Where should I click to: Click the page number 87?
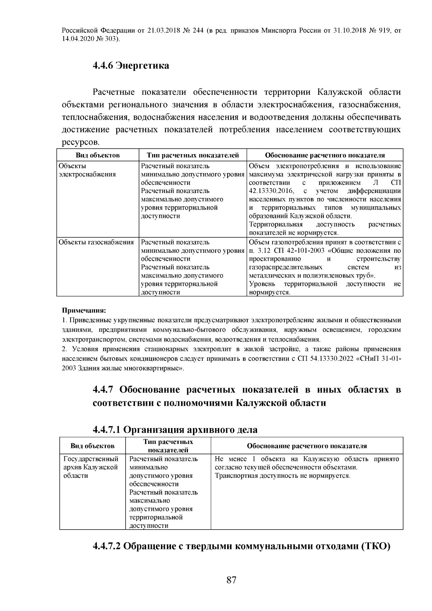point(231,580)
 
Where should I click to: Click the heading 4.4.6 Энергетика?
point(131,66)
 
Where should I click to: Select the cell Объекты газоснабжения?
point(96,242)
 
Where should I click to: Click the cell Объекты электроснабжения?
point(87,170)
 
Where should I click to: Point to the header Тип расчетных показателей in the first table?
point(193,155)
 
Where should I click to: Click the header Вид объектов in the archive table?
point(93,446)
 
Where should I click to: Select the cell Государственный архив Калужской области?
point(91,467)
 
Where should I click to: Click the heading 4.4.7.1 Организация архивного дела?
point(175,430)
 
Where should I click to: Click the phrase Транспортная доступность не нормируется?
point(282,476)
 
